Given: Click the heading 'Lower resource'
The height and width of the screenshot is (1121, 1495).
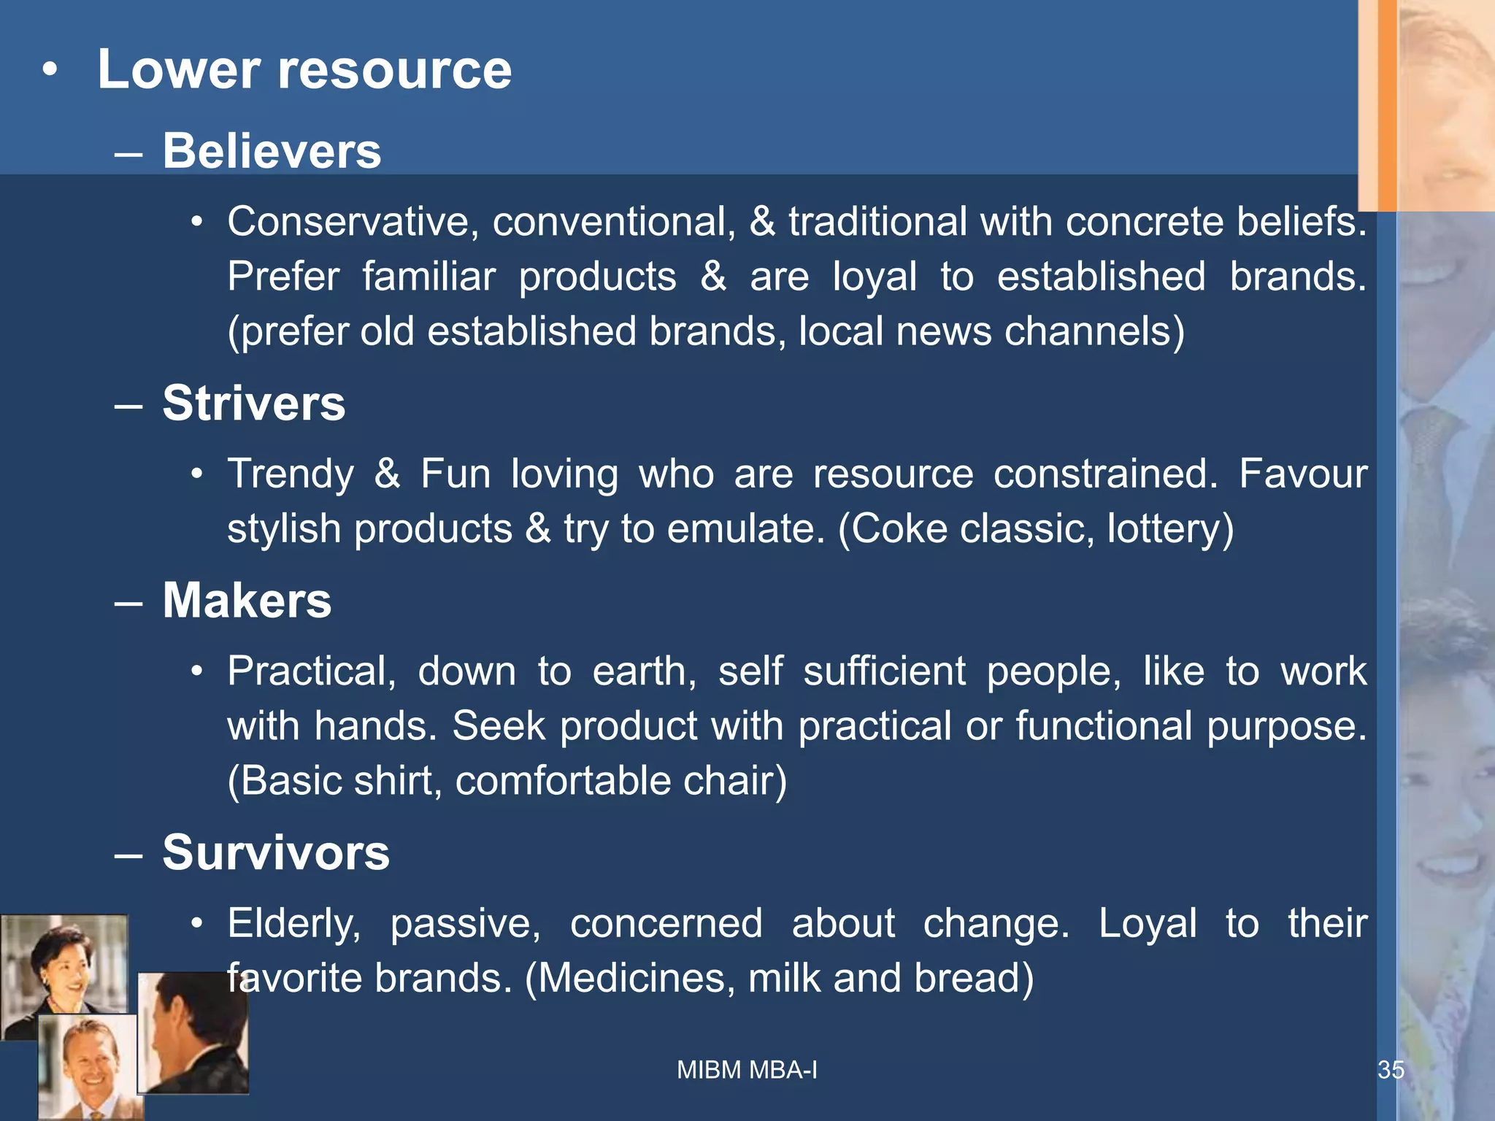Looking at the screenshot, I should pos(304,70).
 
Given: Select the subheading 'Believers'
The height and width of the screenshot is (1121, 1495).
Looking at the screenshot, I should pos(272,151).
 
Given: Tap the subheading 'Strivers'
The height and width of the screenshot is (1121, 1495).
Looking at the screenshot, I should pos(253,403).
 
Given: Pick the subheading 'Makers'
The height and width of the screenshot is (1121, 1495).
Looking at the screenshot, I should pos(247,601).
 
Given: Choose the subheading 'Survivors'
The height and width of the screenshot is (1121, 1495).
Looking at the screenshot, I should pos(276,852).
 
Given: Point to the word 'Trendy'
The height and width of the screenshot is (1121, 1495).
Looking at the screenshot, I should pos(291,474).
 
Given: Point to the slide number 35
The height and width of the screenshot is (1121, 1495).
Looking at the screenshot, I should pos(1391,1070).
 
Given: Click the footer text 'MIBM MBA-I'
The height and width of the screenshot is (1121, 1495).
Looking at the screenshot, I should pos(747,1070).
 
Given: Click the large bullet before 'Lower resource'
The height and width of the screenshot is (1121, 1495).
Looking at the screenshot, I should pos(49,71).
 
